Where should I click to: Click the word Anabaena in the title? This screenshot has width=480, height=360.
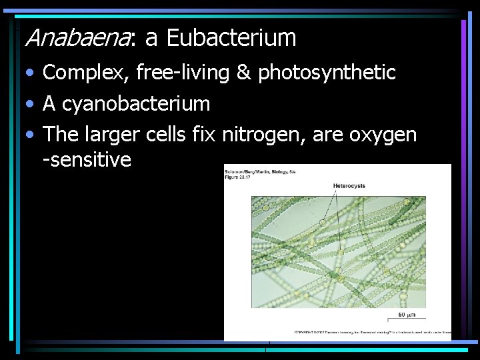[x=79, y=39]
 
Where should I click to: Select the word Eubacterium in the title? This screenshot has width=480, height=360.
[x=231, y=38]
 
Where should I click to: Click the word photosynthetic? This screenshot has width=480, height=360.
[x=327, y=73]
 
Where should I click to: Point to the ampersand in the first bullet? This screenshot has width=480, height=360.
[x=243, y=73]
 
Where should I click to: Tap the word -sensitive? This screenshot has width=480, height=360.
[x=87, y=160]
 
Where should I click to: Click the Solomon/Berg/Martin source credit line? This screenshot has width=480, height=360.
[x=260, y=172]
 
